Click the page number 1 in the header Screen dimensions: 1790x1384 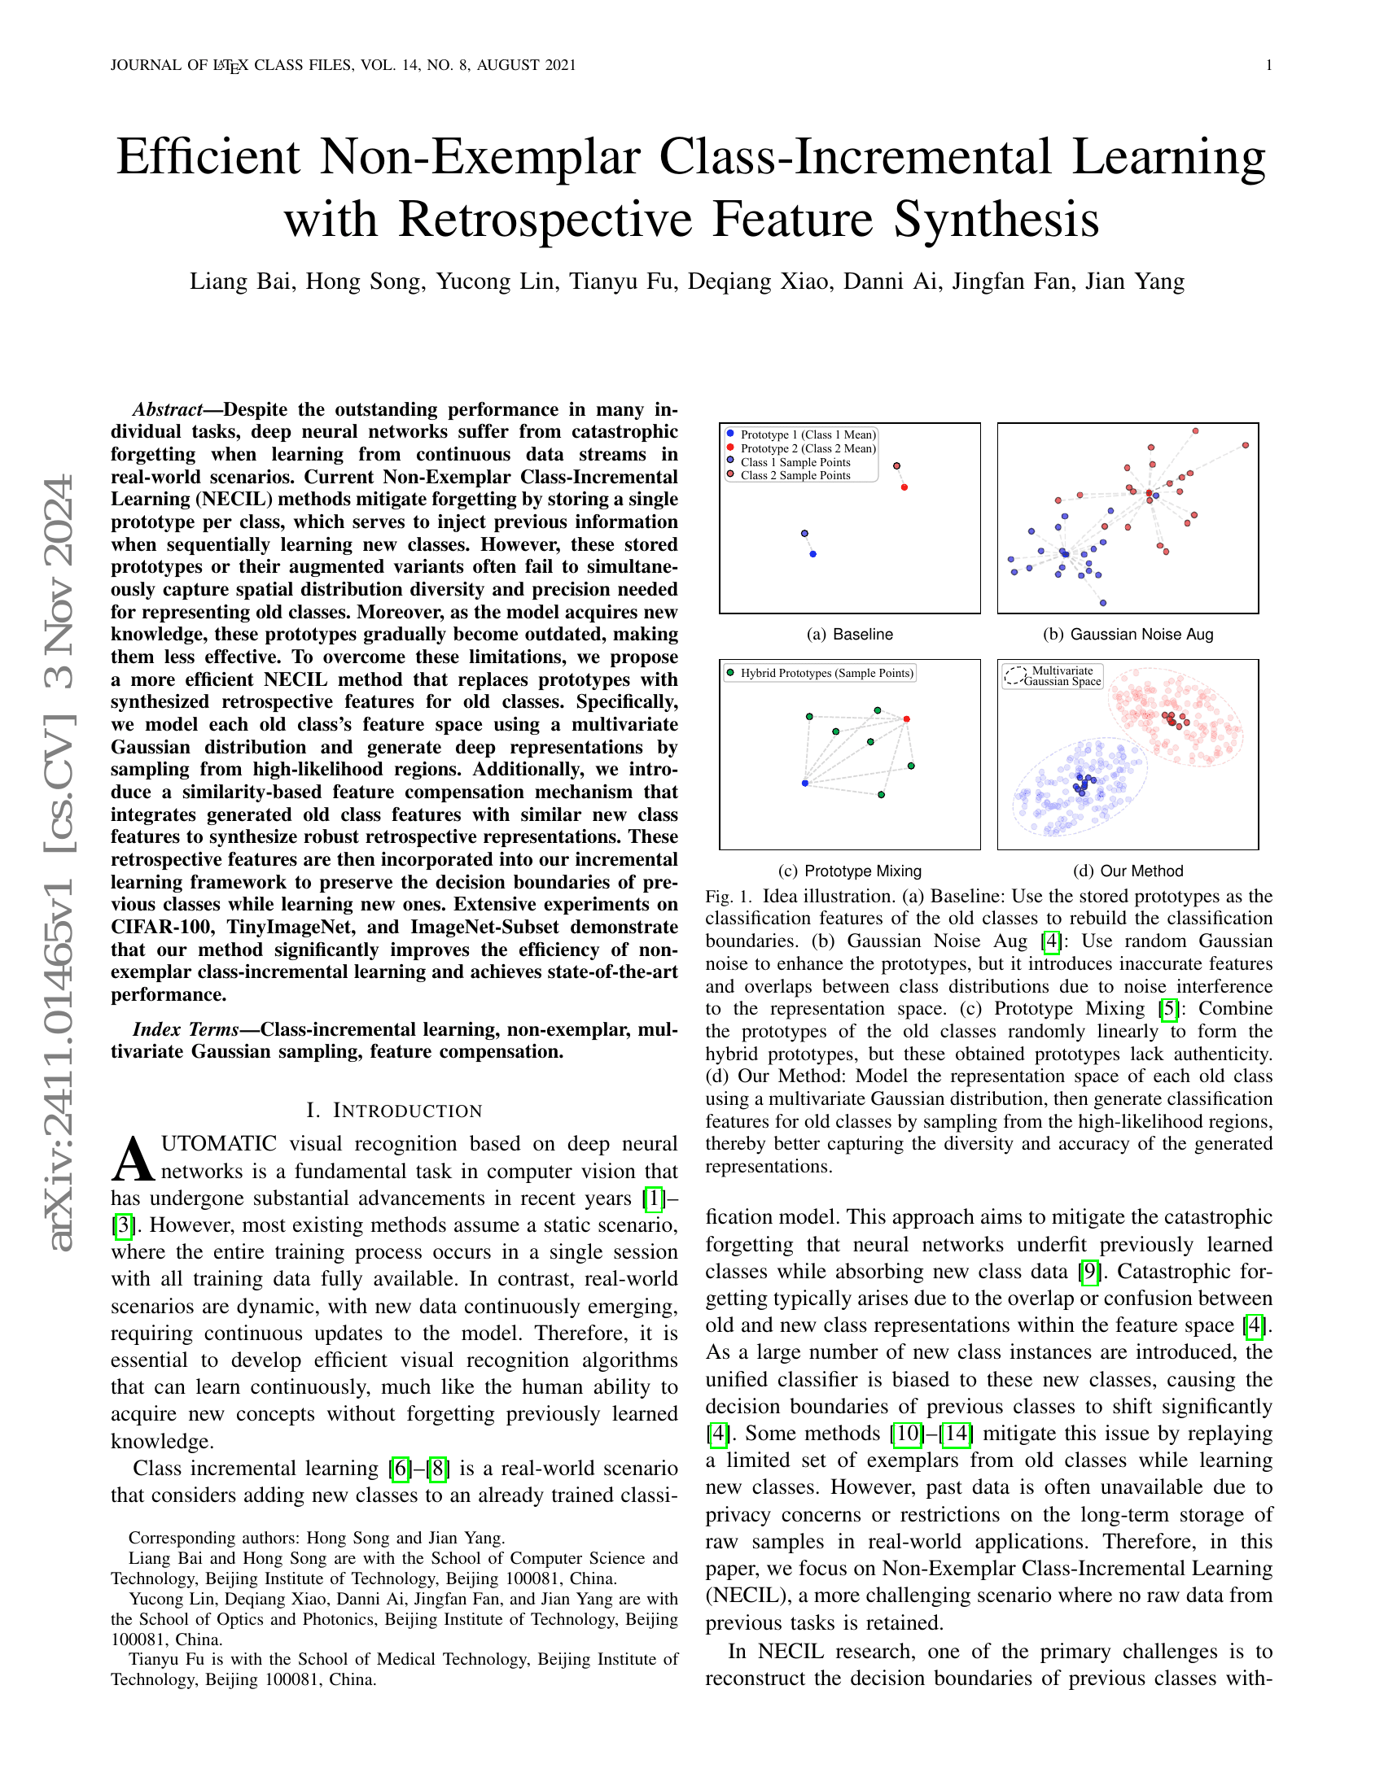[1268, 66]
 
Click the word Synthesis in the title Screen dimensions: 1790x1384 [996, 220]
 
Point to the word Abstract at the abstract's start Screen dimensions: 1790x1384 [167, 410]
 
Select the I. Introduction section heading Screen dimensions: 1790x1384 [393, 1111]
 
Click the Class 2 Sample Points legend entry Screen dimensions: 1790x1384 [795, 475]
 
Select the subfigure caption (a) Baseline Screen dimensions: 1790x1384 [849, 635]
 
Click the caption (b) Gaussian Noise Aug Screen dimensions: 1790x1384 [1128, 635]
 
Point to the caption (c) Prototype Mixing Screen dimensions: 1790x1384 [849, 871]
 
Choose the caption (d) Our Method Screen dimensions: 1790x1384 [1128, 871]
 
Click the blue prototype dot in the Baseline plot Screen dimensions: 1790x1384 [812, 555]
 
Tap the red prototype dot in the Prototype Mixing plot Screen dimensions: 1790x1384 [906, 719]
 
